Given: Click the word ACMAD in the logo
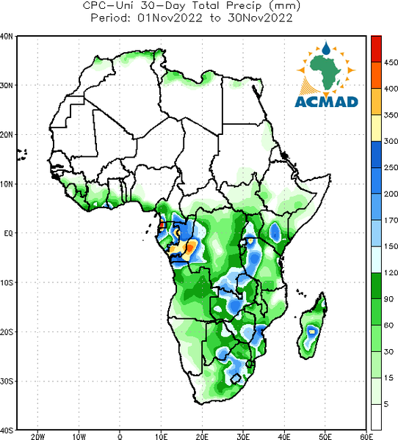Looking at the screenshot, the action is tap(326, 102).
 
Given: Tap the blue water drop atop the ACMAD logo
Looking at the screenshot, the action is tap(326, 48).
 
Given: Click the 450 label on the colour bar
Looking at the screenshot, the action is tap(391, 62).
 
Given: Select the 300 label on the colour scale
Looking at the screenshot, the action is tap(391, 141).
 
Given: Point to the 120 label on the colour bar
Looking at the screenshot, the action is tap(391, 273).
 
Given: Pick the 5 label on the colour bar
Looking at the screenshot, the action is tap(386, 404).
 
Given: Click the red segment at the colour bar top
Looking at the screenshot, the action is tap(376, 49).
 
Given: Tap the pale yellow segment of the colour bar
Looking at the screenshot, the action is tap(376, 128).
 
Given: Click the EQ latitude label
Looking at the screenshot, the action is tap(8, 233).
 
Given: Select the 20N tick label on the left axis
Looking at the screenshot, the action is tap(7, 135).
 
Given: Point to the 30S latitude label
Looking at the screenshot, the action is tap(7, 381).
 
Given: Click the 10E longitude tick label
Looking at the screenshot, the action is tap(161, 436).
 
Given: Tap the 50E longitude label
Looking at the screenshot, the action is tap(325, 436).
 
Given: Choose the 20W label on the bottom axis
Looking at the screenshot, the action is tap(37, 436).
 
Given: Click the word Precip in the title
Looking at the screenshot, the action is tap(244, 6).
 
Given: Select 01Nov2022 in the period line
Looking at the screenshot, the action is tap(170, 18).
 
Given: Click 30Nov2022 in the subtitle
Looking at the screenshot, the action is tap(260, 18).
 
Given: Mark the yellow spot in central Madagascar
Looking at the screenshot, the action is tap(312, 331).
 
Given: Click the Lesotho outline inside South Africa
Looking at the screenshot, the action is tap(236, 378).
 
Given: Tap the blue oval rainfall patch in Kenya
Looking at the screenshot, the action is tap(275, 232).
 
